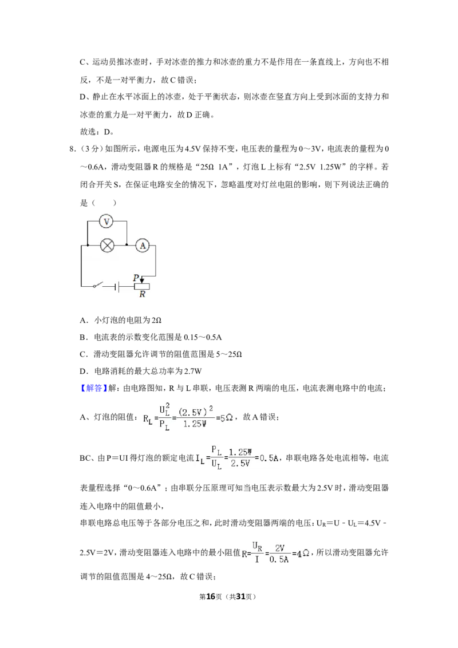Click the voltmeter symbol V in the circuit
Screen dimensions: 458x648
pos(106,222)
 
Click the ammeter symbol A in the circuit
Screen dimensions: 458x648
pos(143,246)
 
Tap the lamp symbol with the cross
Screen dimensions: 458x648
pos(108,246)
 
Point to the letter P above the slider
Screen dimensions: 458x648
pos(136,278)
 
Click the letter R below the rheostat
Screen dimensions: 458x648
pos(142,294)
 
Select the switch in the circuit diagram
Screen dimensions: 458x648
pos(97,285)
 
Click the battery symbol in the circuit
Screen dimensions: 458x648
pos(117,286)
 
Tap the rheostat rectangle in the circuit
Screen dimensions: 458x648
pos(141,286)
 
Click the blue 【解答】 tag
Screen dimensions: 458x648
pos(94,388)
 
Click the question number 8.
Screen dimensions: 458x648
pos(72,149)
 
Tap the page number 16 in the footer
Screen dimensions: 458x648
pos(211,596)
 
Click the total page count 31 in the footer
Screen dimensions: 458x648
pos(241,596)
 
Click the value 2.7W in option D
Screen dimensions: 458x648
pos(193,371)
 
